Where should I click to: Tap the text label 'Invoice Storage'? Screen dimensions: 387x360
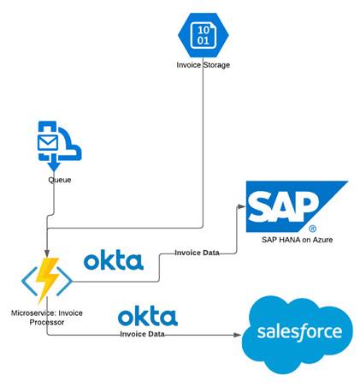202,65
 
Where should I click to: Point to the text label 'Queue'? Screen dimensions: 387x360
59,180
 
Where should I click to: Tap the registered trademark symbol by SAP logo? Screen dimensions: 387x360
312,229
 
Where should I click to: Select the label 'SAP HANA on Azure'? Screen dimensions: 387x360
298,240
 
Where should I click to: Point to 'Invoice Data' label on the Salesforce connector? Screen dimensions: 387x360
142,334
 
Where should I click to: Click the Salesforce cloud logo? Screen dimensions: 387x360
293,332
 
